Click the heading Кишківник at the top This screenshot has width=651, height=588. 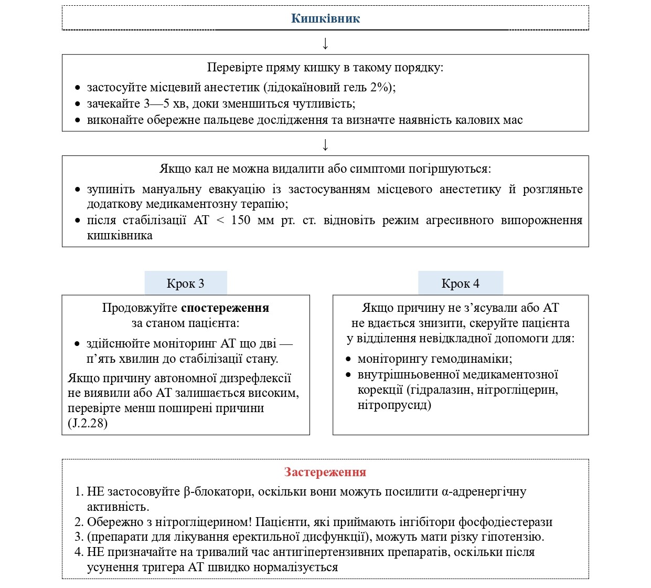pyautogui.click(x=325, y=19)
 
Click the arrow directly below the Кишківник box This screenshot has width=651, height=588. pyautogui.click(x=325, y=44)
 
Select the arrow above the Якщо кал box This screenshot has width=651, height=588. pyautogui.click(x=325, y=145)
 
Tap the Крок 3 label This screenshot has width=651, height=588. pyautogui.click(x=185, y=283)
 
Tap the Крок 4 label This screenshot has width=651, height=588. pyautogui.click(x=460, y=283)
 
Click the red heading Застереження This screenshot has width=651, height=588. pyautogui.click(x=325, y=472)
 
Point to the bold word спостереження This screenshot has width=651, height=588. pyautogui.click(x=225, y=308)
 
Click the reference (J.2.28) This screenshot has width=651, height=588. pyautogui.click(x=88, y=423)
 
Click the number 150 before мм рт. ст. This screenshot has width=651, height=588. pyautogui.click(x=241, y=220)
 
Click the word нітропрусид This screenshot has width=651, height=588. pyautogui.click(x=394, y=405)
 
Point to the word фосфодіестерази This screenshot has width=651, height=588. pyautogui.click(x=505, y=522)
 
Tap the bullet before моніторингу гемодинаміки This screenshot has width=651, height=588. pyautogui.click(x=348, y=360)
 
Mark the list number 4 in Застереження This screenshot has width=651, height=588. pyautogui.click(x=79, y=552)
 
